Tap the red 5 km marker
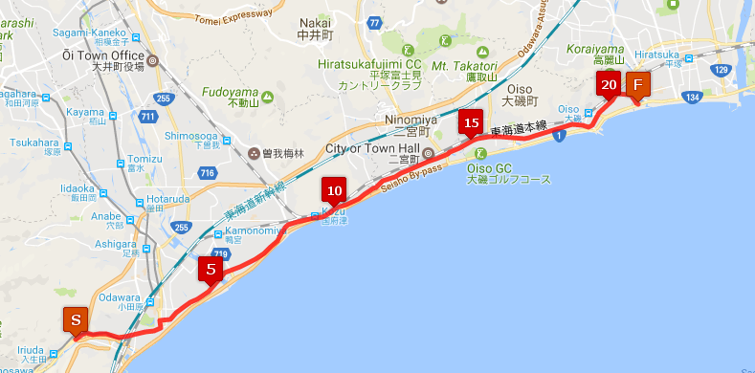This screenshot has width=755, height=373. tap(211, 270)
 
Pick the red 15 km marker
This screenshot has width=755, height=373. tap(470, 123)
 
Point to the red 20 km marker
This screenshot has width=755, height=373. tap(610, 85)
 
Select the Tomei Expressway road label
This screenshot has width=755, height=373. tap(235, 13)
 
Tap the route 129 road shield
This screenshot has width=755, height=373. tap(724, 72)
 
